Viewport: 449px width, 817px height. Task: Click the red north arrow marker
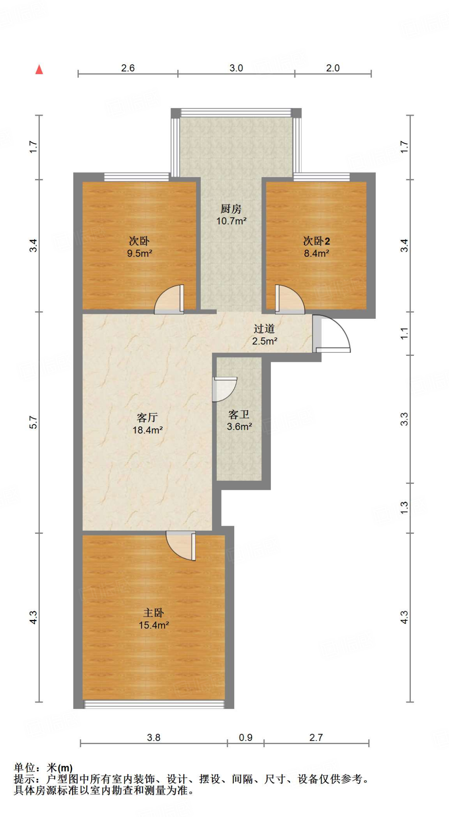point(39,70)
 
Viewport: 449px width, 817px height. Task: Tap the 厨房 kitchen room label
point(231,209)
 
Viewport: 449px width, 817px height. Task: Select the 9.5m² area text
point(139,253)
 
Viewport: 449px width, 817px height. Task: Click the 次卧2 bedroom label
point(316,241)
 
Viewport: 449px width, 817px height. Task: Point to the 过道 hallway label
point(264,329)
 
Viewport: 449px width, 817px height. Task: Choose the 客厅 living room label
point(147,418)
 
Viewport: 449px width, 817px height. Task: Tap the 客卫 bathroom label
point(239,415)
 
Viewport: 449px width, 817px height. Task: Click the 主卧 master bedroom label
point(153,613)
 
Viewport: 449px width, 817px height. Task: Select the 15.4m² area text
point(153,625)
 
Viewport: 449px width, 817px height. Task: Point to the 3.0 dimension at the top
point(236,68)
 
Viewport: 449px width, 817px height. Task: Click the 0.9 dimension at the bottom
point(245,738)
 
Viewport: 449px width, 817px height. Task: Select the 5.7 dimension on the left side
point(33,422)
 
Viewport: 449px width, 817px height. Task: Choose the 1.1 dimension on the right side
point(404,333)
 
